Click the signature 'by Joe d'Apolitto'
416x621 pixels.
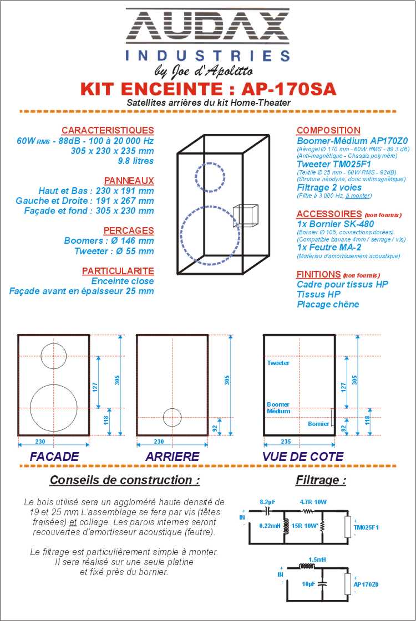tap(204, 71)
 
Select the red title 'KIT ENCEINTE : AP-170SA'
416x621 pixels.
tap(208, 89)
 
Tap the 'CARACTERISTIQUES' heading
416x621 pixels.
tap(108, 130)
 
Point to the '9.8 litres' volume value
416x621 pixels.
tap(135, 161)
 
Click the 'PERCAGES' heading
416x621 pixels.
tap(129, 230)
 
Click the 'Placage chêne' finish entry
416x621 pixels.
tap(328, 304)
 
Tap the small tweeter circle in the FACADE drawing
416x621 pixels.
tap(53, 355)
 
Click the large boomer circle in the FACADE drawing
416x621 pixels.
tap(53, 408)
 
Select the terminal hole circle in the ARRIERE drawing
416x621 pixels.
tap(172, 417)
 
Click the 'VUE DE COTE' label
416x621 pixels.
tap(303, 457)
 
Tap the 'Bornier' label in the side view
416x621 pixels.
tap(318, 424)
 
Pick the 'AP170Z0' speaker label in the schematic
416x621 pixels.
tap(366, 584)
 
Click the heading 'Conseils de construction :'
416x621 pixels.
tap(125, 480)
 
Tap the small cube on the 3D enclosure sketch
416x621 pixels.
tap(245, 216)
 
